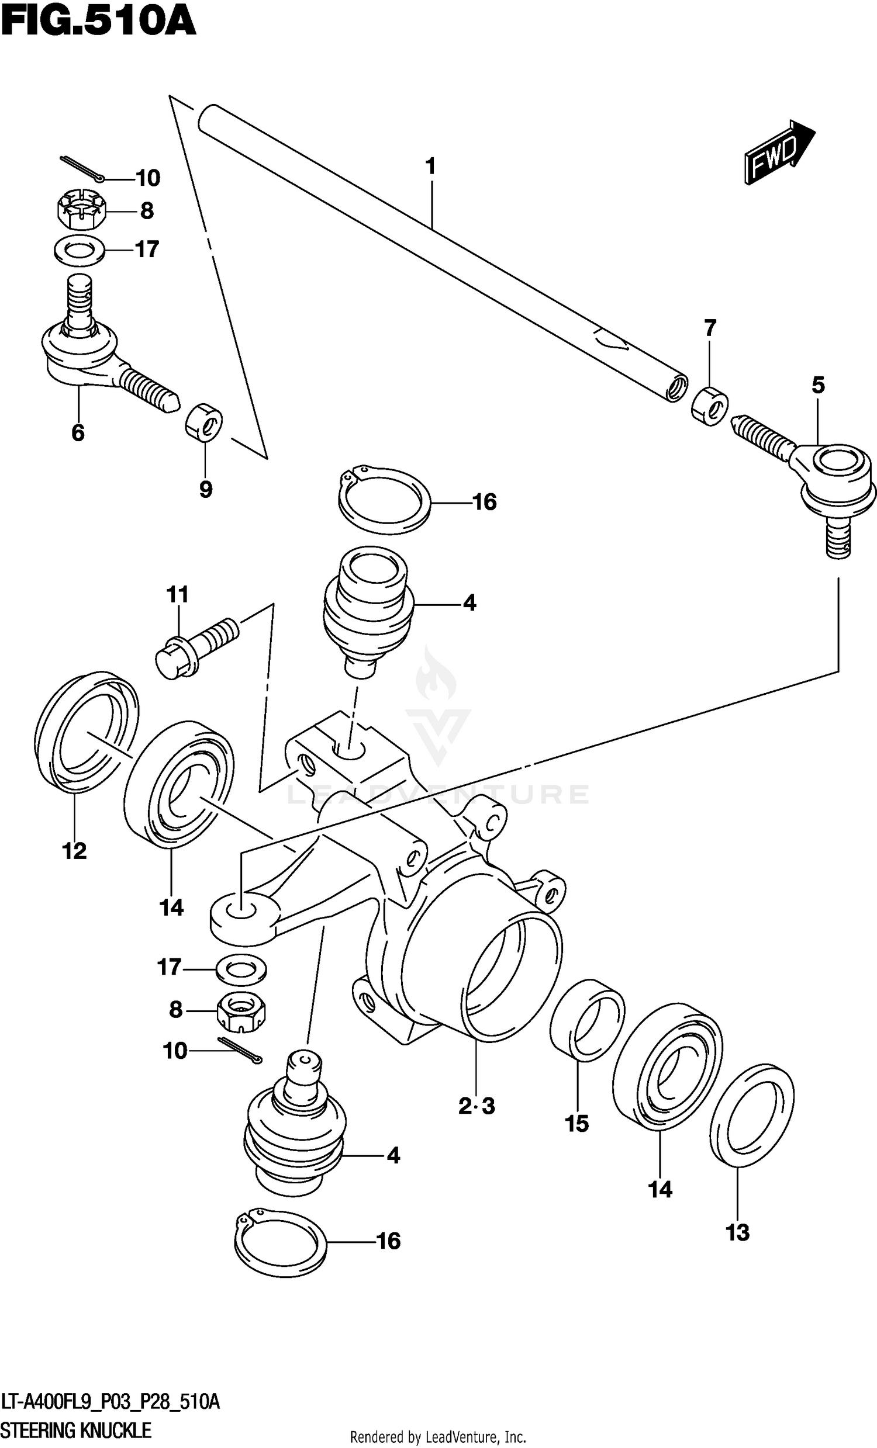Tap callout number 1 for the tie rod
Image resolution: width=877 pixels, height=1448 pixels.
[430, 167]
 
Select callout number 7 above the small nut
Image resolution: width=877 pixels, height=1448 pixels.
[710, 327]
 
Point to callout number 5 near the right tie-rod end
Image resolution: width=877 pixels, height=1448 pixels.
[817, 386]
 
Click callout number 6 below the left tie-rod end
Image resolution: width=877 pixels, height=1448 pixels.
[78, 433]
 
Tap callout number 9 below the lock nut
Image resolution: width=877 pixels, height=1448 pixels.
[205, 489]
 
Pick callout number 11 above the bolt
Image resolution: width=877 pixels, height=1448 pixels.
[177, 594]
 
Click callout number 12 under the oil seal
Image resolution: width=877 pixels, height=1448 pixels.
[74, 850]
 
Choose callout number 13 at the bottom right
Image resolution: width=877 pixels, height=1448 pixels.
[738, 1232]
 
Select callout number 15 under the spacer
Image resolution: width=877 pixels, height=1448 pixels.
[576, 1124]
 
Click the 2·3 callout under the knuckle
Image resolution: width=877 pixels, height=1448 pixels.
[477, 1107]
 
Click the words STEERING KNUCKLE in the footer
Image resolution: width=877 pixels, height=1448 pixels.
[77, 1430]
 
